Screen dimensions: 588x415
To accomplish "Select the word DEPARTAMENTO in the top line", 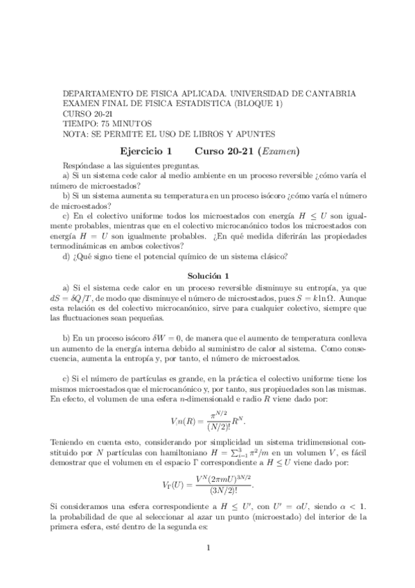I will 95,92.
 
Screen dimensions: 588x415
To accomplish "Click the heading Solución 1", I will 207,275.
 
